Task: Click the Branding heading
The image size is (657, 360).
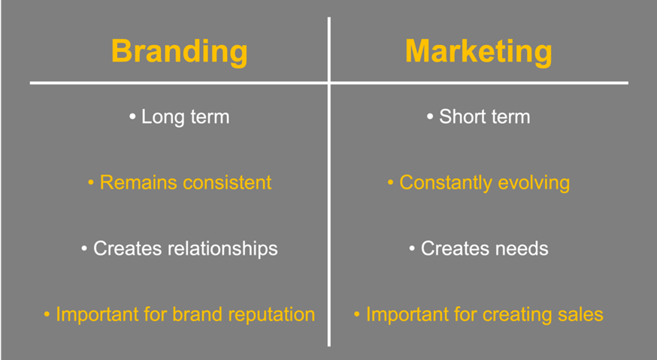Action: [179, 52]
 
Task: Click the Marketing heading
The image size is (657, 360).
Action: [478, 52]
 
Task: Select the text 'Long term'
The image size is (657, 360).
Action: [185, 117]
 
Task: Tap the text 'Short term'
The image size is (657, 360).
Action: [484, 117]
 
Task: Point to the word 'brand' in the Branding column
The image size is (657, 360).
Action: [193, 314]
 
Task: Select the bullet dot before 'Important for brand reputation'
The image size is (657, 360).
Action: [47, 314]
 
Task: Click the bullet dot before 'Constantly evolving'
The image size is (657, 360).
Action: [391, 183]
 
